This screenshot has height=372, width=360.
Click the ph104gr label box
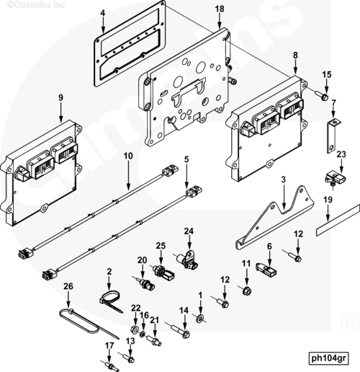[x=328, y=358]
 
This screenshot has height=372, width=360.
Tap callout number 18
[x=220, y=9]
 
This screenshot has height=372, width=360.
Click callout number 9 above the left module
[x=60, y=98]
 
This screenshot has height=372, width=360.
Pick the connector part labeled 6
[x=266, y=270]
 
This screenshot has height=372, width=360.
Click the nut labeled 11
[x=246, y=291]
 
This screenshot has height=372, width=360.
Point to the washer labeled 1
[x=200, y=319]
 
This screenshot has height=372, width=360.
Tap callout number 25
[x=161, y=246]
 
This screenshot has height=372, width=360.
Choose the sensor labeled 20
[x=145, y=283]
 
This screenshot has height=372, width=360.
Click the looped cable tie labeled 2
[x=111, y=301]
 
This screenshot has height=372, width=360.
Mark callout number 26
[x=68, y=286]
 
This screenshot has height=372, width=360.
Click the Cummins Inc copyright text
[x=36, y=4]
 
